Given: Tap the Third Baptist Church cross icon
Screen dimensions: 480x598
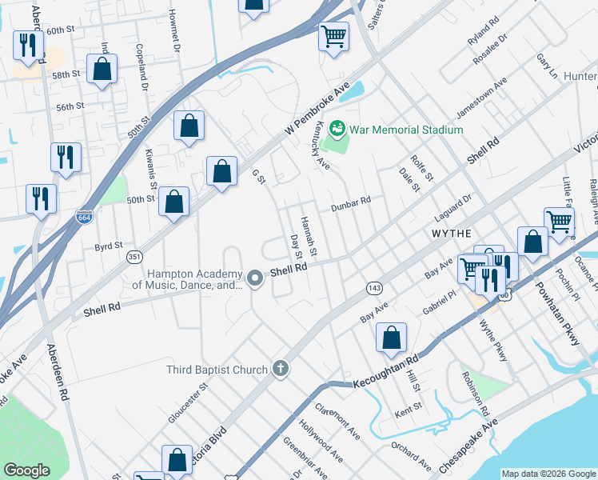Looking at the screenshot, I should (280, 369).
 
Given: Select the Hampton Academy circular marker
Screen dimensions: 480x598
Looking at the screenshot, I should (255, 278).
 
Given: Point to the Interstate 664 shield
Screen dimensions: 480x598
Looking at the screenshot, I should (83, 216).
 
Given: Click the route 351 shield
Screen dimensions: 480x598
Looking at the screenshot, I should (134, 257).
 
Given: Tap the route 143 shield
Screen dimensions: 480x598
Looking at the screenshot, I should (373, 286).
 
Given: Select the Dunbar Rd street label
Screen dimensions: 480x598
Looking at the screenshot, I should (352, 201).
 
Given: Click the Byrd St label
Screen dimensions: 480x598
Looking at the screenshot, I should (108, 246).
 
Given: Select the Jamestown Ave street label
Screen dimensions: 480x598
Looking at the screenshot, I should (481, 97).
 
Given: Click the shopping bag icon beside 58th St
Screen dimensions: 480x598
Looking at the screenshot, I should (102, 69).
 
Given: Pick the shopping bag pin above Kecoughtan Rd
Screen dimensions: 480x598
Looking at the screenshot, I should (391, 338).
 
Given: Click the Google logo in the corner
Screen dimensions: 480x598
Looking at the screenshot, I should (26, 470).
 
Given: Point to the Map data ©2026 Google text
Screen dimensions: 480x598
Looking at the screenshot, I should (548, 474).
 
